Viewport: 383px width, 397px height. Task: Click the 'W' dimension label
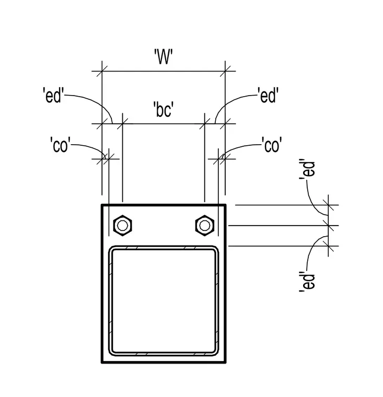pos(164,57)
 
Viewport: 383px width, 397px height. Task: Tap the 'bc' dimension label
pos(164,109)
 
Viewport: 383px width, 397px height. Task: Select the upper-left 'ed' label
pos(53,95)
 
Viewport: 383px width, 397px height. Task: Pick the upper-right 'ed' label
pos(268,95)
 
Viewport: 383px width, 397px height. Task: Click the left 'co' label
pos(60,145)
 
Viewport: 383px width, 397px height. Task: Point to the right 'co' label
pos(272,145)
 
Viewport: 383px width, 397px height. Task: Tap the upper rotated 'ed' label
pos(307,169)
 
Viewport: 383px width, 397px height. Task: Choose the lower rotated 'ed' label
pos(307,282)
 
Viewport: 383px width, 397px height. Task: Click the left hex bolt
pos(123,225)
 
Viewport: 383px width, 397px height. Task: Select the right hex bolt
pos(205,225)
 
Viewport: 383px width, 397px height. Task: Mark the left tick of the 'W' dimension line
pos(102,71)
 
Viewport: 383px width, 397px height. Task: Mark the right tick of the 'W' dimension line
pos(225,71)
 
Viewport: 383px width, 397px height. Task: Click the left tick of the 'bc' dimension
pos(123,124)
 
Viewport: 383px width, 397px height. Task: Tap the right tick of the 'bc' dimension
pos(205,124)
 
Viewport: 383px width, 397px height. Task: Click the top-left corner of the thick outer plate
pos(102,205)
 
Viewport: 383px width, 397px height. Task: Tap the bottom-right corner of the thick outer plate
pos(225,363)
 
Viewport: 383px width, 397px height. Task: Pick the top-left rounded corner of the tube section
pos(111,248)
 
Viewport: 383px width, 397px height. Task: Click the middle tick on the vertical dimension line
pos(329,225)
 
